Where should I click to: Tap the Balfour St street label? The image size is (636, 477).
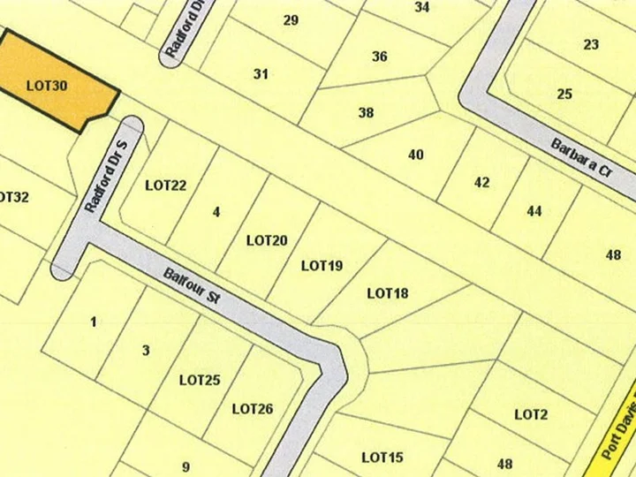point(192,286)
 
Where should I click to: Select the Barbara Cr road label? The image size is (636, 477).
point(581,158)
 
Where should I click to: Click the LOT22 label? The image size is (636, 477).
point(166,185)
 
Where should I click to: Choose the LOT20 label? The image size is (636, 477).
point(267,240)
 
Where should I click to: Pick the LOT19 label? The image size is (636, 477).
point(322,266)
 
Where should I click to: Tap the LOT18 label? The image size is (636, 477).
point(387,293)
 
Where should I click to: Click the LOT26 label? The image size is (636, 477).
point(253,409)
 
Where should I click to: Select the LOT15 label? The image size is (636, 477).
point(382,458)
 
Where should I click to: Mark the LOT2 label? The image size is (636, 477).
point(531,414)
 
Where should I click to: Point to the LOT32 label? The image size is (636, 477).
point(12,197)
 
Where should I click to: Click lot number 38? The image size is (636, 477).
point(366,113)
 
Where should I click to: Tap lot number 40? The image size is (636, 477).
point(416,155)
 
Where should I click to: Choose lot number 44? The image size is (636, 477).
point(534,211)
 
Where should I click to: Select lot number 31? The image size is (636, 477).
point(261,74)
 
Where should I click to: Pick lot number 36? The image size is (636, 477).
point(379,57)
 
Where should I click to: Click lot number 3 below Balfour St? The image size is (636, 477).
point(146,351)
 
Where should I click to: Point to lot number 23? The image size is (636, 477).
point(591,44)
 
